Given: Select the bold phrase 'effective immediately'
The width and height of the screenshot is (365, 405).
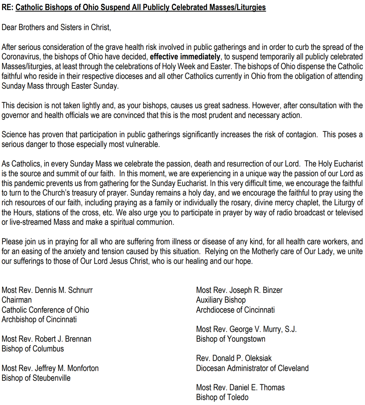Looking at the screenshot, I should [185, 57].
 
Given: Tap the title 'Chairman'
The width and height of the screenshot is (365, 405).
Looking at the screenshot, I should [17, 300].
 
